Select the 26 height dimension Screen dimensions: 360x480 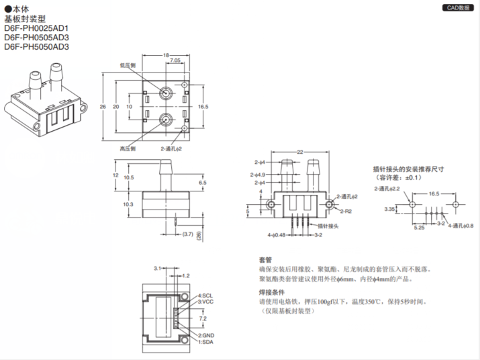[x=102, y=107]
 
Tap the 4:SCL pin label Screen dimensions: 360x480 [x=205, y=296]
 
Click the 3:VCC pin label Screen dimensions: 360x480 [x=205, y=302]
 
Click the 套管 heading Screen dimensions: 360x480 [x=265, y=259]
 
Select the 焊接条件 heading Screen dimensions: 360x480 [x=271, y=292]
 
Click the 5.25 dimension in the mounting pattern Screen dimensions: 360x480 [x=418, y=228]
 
